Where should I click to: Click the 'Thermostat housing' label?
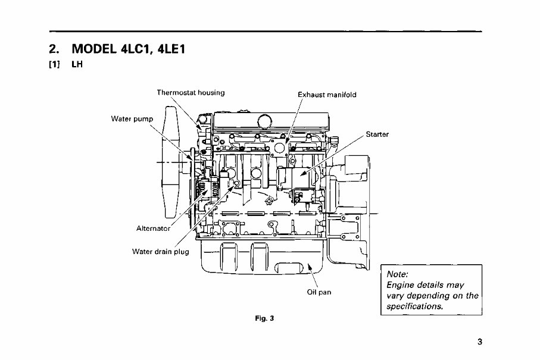coord(190,92)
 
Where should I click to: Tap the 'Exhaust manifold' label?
coord(327,95)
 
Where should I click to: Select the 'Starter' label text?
coord(377,134)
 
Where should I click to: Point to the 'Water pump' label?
coord(132,118)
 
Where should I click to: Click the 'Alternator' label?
coord(154,228)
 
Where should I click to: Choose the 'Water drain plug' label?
coord(160,251)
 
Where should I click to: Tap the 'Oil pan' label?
coord(319,292)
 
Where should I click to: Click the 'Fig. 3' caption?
coord(263,318)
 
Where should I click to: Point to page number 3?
coord(479,342)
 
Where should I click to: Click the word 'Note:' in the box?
coord(397,275)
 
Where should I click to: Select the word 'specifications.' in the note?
coord(414,306)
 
